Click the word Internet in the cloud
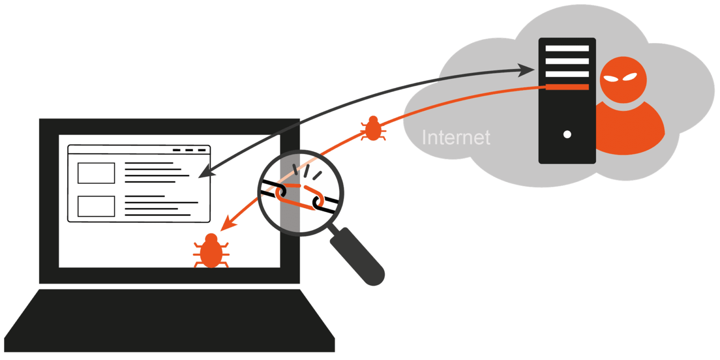[456, 137]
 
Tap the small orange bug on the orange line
[373, 128]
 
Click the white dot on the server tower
[567, 135]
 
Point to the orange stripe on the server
[567, 87]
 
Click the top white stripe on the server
[567, 48]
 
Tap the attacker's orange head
[623, 80]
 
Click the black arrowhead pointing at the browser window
[204, 173]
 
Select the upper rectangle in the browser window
[96, 173]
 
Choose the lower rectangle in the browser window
[96, 206]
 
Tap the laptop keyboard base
[169, 323]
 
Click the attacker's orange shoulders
[630, 131]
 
